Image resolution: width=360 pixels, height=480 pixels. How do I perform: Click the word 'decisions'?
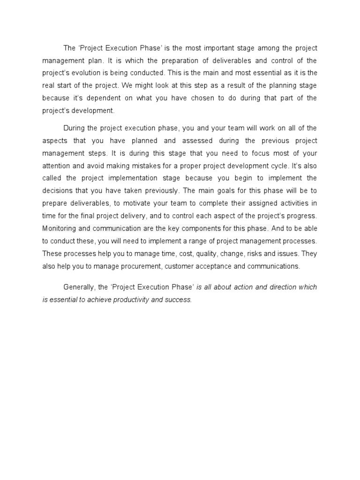pyautogui.click(x=58, y=191)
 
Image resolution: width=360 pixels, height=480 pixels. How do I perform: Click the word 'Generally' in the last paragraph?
pyautogui.click(x=79, y=287)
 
